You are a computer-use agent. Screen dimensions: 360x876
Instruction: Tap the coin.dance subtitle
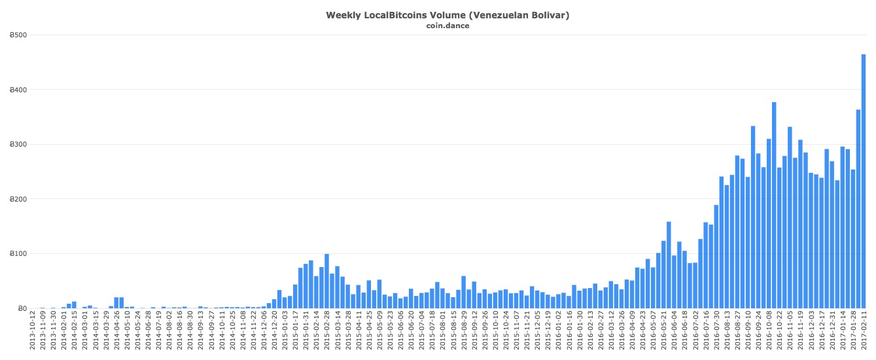(x=447, y=26)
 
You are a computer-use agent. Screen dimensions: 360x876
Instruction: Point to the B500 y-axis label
(x=18, y=35)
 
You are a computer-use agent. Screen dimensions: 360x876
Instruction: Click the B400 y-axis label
(x=18, y=90)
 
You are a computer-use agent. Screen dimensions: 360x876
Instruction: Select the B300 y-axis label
(x=18, y=145)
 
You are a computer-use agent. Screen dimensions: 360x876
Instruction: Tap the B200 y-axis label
(x=18, y=199)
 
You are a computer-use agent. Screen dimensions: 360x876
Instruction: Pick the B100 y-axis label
(x=18, y=254)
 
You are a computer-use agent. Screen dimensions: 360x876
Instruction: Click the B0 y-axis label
(x=22, y=308)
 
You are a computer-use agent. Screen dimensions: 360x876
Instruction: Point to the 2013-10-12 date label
(x=32, y=333)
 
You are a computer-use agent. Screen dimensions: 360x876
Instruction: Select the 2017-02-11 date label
(x=864, y=333)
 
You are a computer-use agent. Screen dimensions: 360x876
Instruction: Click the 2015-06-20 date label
(x=411, y=333)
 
